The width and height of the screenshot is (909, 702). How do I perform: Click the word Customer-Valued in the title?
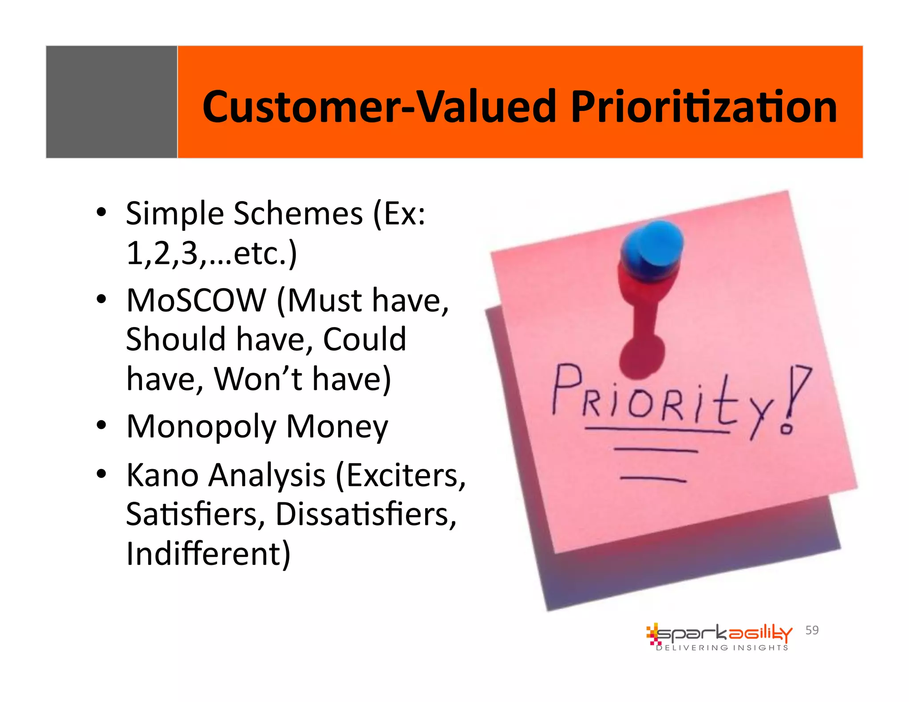coord(379,107)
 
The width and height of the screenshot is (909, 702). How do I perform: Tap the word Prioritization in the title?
coord(703,107)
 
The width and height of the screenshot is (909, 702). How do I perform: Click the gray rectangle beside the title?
coord(111,102)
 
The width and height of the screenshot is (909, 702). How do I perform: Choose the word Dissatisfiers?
coord(366,515)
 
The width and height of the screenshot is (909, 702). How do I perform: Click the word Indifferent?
coord(208,554)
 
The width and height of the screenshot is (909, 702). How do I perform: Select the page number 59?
coord(812,630)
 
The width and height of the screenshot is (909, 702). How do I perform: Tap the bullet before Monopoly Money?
coord(102,425)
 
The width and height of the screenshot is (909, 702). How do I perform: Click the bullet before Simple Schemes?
coord(102,212)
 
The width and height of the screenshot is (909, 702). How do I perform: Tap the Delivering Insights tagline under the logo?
coord(722,648)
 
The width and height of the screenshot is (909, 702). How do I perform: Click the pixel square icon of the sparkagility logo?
coord(652,634)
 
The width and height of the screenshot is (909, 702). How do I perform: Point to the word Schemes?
coord(298,214)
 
